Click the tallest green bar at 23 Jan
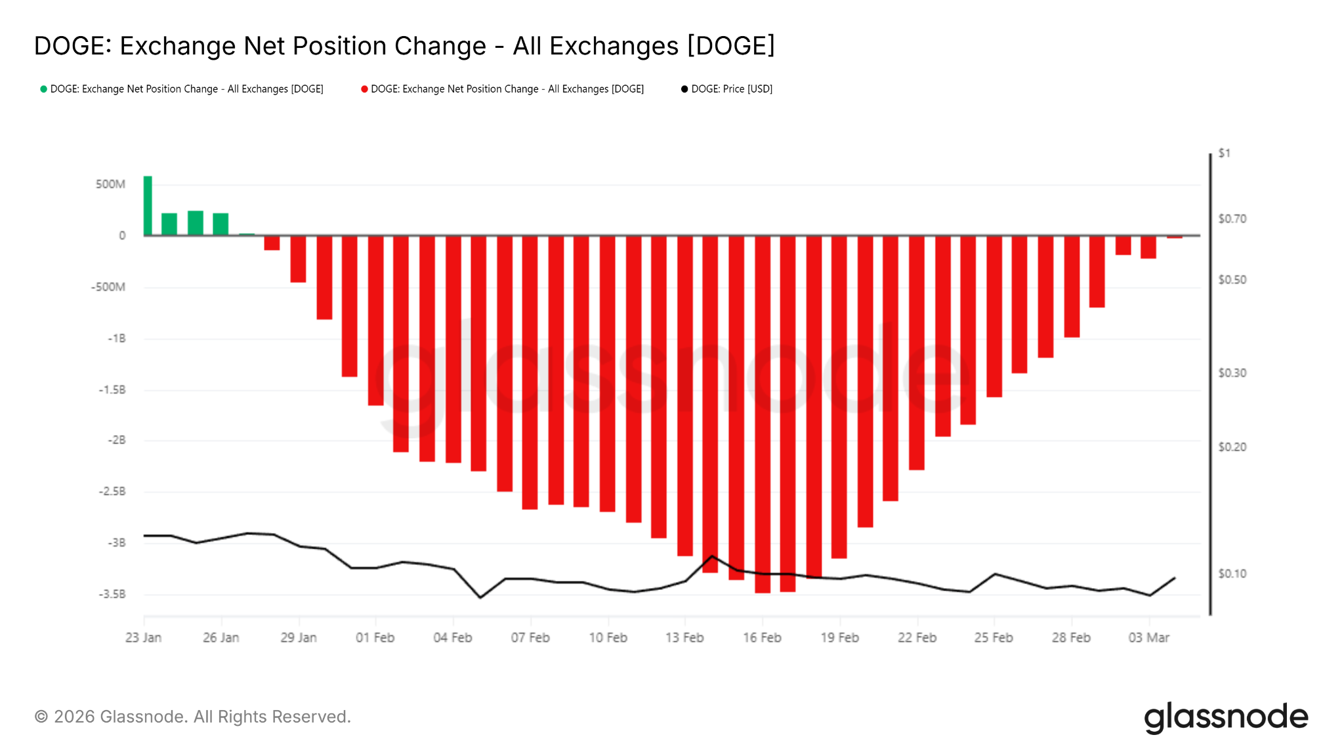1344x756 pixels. point(148,205)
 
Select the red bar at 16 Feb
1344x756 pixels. point(763,413)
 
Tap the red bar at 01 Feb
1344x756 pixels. point(375,320)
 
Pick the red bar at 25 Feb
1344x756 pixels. point(994,316)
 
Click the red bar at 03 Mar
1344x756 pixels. point(1148,247)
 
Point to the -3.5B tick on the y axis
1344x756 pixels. point(112,594)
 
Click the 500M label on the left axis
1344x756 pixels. point(110,184)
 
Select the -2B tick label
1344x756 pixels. point(117,440)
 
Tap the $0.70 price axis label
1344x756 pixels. point(1232,219)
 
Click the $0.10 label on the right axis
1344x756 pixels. point(1232,574)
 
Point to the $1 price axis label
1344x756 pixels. point(1225,153)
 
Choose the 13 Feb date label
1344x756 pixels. point(684,637)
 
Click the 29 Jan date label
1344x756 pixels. point(299,637)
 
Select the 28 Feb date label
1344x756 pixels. point(1071,637)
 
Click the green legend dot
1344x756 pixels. point(43,89)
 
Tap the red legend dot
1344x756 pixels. point(364,89)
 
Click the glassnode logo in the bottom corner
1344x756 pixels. point(1226,717)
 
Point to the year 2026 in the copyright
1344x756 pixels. point(74,717)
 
